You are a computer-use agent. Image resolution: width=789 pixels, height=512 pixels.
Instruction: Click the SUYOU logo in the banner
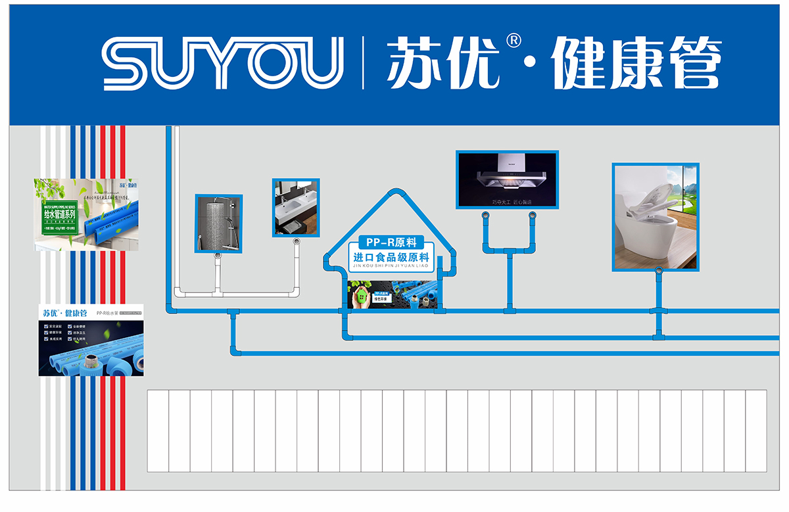224,63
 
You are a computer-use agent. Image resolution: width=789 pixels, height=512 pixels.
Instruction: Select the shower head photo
218,223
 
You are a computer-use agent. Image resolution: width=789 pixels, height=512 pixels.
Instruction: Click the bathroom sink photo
296,207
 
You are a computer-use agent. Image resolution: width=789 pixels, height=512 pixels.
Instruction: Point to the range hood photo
507,179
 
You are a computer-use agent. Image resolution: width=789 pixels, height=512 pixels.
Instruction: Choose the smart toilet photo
656,217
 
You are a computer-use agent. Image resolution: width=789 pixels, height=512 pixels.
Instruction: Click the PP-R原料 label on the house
392,242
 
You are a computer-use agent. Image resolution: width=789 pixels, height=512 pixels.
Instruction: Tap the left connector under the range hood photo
486,215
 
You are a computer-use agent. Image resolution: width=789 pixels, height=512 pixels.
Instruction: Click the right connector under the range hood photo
531,215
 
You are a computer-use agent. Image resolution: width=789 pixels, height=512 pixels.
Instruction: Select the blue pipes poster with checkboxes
91,340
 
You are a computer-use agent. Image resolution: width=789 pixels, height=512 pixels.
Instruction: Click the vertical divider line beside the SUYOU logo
362,63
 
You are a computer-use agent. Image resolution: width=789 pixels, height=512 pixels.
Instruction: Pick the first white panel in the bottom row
158,431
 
